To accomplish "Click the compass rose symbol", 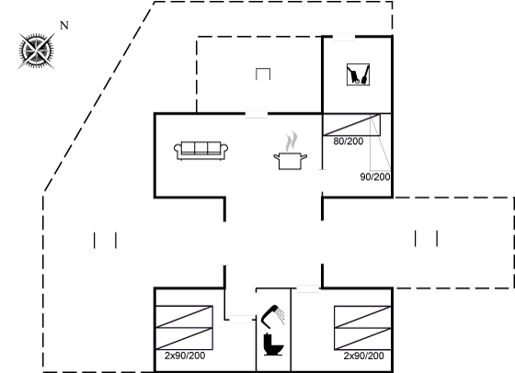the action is click(x=37, y=51).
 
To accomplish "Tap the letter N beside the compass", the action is click(x=64, y=25).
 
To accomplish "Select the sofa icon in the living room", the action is click(x=201, y=151).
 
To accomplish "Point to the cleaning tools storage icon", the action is click(x=358, y=74).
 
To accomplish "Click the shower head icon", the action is click(x=272, y=317).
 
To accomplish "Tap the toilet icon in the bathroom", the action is click(x=273, y=345).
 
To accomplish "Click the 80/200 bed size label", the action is click(x=349, y=141).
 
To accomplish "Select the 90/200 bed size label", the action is click(x=375, y=176).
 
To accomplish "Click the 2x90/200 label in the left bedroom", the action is click(x=185, y=356).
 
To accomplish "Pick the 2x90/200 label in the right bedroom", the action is click(x=363, y=356).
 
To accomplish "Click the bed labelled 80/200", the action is click(x=351, y=125).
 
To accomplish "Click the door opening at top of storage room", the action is click(x=344, y=37).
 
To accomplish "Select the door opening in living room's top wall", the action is click(x=257, y=114).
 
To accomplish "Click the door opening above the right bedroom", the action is click(x=308, y=289).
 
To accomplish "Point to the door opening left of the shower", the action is click(x=241, y=319).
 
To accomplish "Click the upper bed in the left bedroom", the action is click(x=184, y=317).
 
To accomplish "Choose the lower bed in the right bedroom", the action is click(x=362, y=339).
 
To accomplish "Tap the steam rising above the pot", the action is click(x=292, y=141).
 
